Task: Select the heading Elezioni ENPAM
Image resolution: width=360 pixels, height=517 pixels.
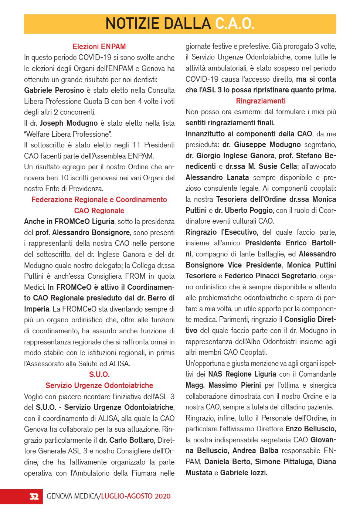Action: pos(99,47)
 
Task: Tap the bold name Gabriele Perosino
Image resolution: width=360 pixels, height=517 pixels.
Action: pos(54,90)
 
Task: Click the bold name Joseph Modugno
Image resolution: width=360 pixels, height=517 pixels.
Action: pos(69,123)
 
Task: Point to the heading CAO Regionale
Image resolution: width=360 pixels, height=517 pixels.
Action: pos(99,211)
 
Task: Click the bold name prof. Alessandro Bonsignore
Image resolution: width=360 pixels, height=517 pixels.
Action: pos(82,232)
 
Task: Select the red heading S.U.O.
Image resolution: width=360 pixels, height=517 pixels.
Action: pos(99,374)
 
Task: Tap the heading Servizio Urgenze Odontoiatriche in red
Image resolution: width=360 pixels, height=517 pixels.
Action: pos(99,385)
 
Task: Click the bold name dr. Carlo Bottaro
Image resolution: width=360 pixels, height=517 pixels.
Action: pos(126,440)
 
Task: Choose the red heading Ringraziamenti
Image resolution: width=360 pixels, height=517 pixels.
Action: pos(261,101)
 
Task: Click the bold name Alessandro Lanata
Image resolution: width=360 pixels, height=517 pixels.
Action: pos(217,177)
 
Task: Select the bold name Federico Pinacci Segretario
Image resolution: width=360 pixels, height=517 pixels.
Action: pos(270,276)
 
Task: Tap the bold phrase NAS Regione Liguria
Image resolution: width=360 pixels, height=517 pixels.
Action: pos(242,374)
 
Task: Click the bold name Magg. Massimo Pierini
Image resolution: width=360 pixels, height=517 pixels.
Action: pos(223,385)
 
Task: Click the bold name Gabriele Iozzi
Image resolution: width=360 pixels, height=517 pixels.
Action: pos(244,473)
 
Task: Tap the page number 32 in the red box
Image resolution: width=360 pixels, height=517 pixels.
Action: pos(34,496)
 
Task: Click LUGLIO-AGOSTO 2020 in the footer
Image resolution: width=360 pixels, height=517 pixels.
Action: pos(136,496)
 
